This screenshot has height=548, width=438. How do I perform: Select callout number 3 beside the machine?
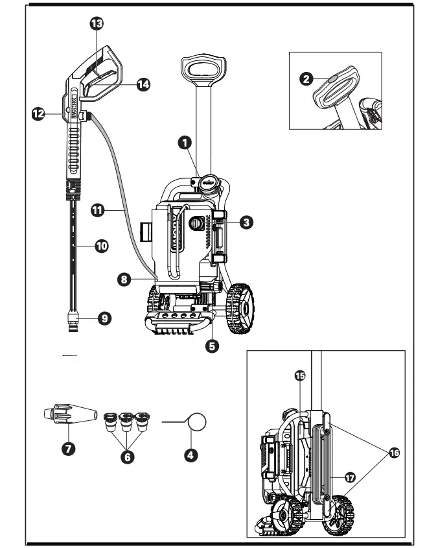[x=246, y=222]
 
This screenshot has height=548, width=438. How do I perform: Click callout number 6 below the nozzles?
[x=129, y=456]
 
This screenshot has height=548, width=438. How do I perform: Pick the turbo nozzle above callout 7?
[x=67, y=414]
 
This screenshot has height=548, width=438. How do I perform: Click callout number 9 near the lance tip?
[x=104, y=318]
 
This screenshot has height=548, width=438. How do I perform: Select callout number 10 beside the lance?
[x=101, y=246]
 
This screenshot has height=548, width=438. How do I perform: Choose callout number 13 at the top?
[x=96, y=24]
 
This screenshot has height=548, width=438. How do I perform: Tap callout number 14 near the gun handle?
[x=142, y=85]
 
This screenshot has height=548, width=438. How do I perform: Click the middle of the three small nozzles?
[x=128, y=421]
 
